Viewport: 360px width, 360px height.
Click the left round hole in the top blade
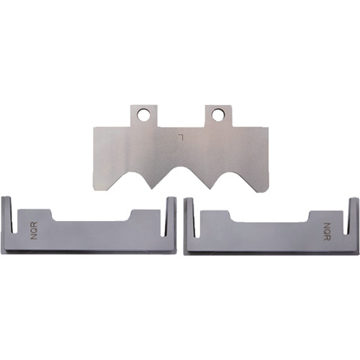[143, 114]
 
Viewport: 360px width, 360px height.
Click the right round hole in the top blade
[218, 114]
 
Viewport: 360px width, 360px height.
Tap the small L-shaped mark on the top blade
[181, 137]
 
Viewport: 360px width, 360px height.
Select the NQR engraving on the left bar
[34, 230]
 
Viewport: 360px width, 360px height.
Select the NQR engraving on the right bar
[327, 232]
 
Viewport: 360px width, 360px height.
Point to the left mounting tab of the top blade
[144, 116]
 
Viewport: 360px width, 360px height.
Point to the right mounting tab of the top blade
[218, 116]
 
